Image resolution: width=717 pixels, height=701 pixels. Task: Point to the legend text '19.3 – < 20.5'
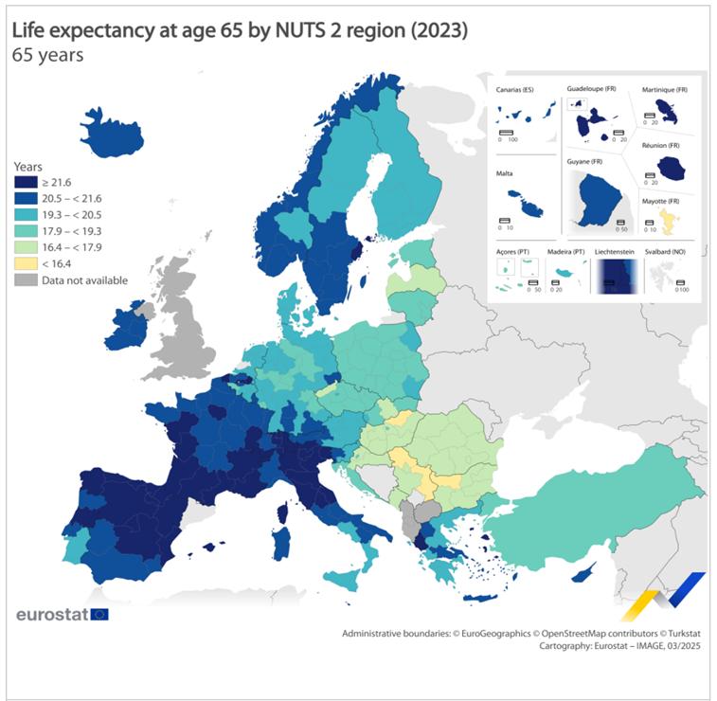click(73, 215)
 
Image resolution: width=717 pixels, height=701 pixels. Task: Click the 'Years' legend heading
click(28, 166)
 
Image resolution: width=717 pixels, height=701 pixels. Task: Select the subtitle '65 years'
click(47, 55)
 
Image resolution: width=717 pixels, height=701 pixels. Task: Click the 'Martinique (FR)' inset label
click(664, 90)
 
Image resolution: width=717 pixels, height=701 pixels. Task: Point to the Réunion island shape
click(672, 169)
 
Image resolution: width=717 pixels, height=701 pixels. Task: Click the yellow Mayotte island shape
click(670, 222)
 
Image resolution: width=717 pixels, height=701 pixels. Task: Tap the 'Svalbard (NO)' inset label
click(667, 252)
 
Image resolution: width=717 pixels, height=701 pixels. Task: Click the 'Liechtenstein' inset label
click(616, 252)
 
